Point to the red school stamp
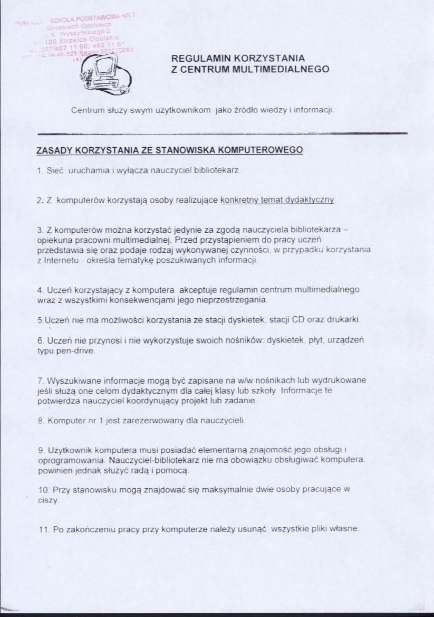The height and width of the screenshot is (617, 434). (x=79, y=37)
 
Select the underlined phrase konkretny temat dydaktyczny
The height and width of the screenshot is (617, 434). (x=277, y=201)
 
